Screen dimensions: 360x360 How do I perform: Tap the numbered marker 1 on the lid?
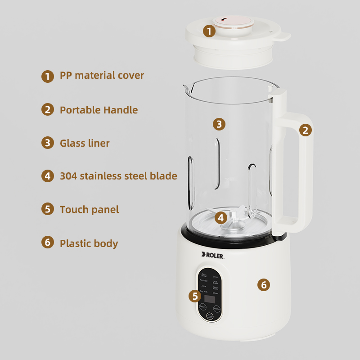pyautogui.click(x=208, y=31)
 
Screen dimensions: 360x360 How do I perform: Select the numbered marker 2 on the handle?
pyautogui.click(x=306, y=130)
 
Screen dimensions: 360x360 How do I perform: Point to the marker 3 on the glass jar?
pyautogui.click(x=219, y=124)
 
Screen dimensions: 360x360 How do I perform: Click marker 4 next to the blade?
pyautogui.click(x=220, y=218)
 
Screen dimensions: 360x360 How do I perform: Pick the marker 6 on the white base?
pyautogui.click(x=264, y=284)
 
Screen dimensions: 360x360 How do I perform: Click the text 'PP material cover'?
pyautogui.click(x=102, y=75)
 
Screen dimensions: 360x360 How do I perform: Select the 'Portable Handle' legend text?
pyautogui.click(x=99, y=110)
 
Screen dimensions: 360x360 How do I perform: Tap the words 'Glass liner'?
pyautogui.click(x=85, y=143)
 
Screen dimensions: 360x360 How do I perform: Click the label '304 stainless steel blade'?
pyautogui.click(x=118, y=176)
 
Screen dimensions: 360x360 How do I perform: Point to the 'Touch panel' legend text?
pyautogui.click(x=89, y=209)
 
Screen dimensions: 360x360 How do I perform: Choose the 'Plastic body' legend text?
pyautogui.click(x=89, y=243)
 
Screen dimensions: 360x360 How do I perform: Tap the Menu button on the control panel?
pyautogui.click(x=216, y=309)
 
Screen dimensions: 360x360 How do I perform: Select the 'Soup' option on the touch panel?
pyautogui.click(x=216, y=277)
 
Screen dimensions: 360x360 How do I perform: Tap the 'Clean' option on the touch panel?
pyautogui.click(x=216, y=293)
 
